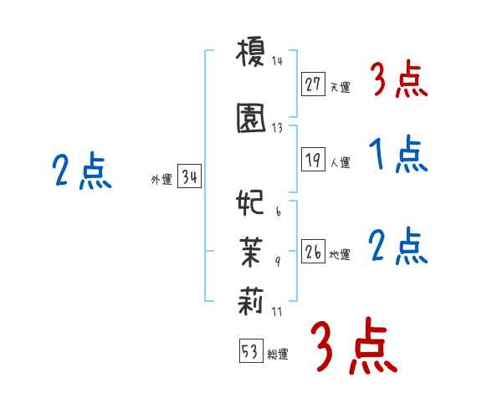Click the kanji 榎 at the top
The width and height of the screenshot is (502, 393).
250,54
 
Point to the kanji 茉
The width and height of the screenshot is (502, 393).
250,249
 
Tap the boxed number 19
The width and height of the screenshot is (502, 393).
314,160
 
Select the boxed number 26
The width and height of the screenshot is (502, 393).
314,252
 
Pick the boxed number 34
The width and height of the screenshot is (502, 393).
190,177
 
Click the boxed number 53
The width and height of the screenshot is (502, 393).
250,351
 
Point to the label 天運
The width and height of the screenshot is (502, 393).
340,86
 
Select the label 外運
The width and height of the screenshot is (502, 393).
161,180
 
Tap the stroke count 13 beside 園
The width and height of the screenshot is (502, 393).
278,127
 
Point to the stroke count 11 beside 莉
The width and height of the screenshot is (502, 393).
278,312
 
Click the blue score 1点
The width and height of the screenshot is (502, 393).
397,155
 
